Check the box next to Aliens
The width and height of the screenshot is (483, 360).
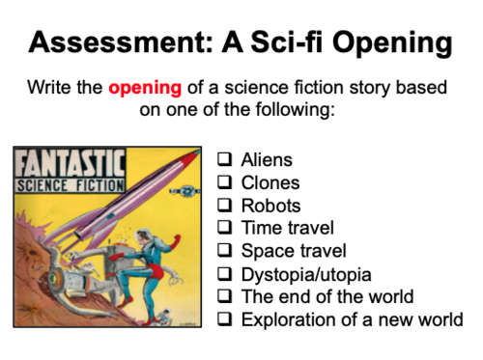coord(224,160)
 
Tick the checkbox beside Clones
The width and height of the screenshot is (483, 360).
coord(224,183)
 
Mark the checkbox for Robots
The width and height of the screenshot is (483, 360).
coord(224,206)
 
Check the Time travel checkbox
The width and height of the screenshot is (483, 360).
coord(224,229)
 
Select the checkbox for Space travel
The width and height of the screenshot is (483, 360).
coord(224,252)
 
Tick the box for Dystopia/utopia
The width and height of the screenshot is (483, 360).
coord(224,274)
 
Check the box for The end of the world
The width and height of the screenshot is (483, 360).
coord(224,297)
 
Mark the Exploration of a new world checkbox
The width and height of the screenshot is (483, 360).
coord(224,320)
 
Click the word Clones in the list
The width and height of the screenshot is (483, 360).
coord(270,183)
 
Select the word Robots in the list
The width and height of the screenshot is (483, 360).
coord(270,206)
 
